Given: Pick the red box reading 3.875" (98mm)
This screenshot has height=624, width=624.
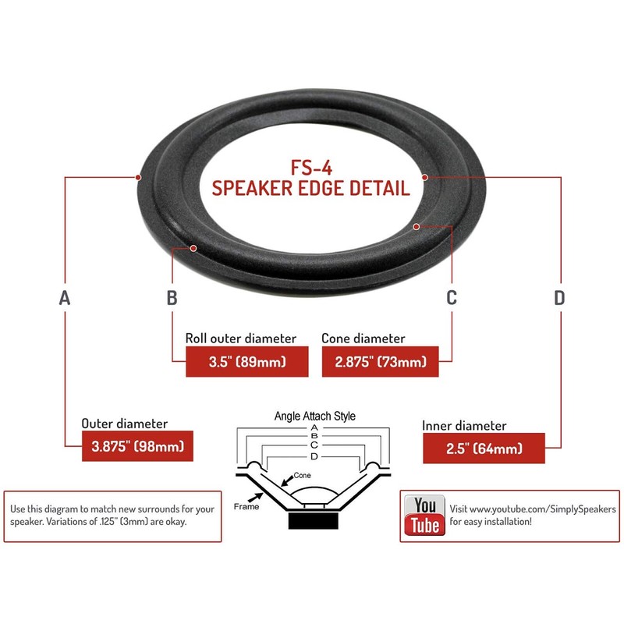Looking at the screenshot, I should (x=137, y=448).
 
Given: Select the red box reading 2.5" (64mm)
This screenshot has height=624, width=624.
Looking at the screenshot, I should (x=484, y=448).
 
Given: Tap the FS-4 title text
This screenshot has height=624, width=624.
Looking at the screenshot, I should (x=311, y=167).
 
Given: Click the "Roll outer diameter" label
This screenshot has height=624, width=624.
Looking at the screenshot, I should (x=241, y=339).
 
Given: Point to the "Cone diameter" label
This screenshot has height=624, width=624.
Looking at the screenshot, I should (x=363, y=339).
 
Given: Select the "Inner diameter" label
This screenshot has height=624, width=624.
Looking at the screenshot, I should (x=464, y=426).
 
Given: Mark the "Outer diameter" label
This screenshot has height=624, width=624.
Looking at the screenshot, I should (x=125, y=424).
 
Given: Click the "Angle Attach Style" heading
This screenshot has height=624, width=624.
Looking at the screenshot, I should (x=314, y=416).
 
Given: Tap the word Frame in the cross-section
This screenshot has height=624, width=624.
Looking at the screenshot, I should (x=246, y=506).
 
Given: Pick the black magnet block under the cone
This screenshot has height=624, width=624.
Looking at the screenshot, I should (x=314, y=519).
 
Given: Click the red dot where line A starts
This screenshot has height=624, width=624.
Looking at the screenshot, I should (x=138, y=177).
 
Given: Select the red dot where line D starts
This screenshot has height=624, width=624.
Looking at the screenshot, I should (x=427, y=177).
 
